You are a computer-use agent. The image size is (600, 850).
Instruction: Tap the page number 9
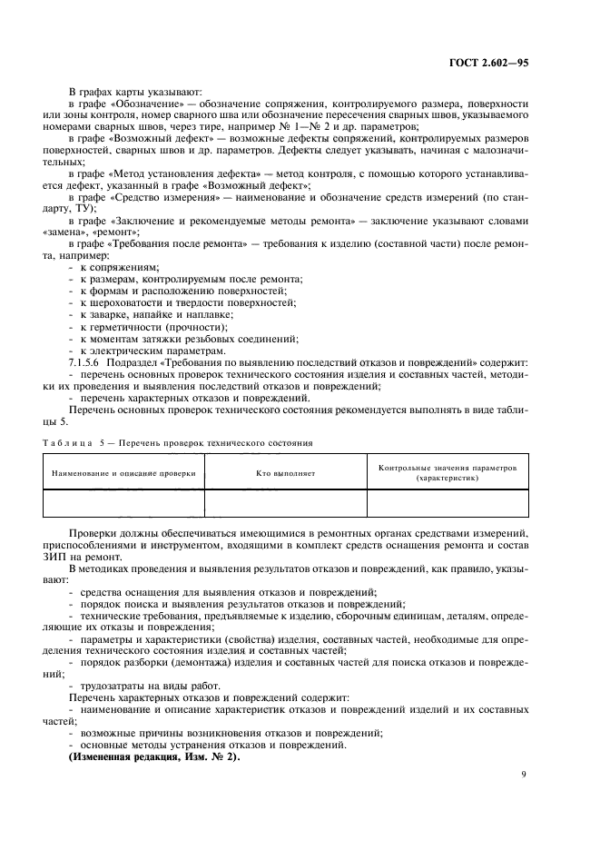(524, 774)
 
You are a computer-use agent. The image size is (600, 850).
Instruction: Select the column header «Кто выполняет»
(285, 472)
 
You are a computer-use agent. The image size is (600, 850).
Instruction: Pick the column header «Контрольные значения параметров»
(448, 468)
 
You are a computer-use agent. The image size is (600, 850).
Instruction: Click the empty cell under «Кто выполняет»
(285, 503)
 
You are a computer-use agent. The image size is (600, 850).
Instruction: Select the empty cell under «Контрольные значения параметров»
(448, 503)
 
